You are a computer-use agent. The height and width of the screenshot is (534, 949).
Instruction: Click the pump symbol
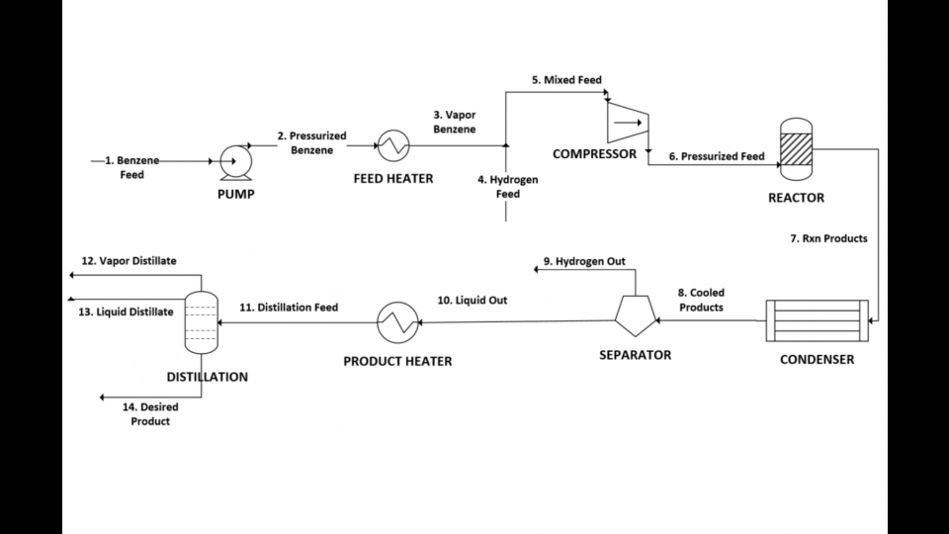point(235,159)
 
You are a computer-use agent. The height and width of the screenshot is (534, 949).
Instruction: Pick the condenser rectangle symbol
point(817,321)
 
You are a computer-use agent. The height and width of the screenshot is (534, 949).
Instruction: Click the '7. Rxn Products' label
point(828,238)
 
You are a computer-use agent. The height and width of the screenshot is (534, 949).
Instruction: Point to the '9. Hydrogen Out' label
point(583,262)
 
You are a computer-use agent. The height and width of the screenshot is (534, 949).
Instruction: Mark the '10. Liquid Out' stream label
point(473,300)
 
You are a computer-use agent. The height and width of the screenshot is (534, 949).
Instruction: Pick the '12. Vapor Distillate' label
point(129,261)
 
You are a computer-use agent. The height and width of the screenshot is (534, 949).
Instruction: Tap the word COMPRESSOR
point(594,153)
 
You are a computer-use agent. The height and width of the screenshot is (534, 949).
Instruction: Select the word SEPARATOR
point(636,354)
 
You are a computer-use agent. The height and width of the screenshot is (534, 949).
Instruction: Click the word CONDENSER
point(817,359)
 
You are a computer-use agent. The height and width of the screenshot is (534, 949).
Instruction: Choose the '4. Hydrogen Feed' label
point(505,187)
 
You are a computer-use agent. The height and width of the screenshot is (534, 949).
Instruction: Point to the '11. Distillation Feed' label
point(289,308)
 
